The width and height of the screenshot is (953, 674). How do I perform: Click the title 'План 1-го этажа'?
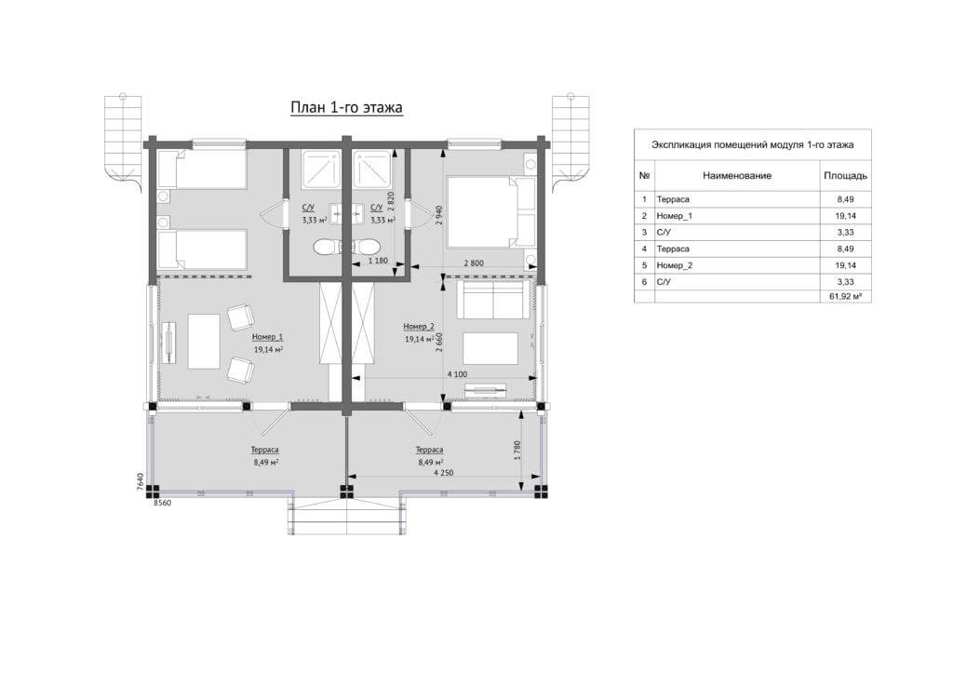346,108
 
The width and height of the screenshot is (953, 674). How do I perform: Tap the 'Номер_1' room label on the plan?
267,337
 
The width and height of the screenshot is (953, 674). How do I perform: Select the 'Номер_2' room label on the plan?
419,327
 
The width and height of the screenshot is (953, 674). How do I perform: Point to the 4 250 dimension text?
444,472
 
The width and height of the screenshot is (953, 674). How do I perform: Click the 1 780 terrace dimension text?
517,451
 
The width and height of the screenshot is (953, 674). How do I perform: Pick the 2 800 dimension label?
474,263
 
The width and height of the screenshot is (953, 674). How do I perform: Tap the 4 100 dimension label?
458,374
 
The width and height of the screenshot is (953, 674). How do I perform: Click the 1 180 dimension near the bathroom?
378,261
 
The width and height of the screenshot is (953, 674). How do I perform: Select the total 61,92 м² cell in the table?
845,297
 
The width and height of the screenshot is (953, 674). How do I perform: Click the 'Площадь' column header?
845,176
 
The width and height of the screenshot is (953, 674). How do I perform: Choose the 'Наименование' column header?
737,176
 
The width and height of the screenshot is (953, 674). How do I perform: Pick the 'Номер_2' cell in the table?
675,265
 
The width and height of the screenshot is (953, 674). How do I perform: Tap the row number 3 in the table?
644,232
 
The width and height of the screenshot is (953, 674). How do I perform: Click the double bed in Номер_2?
491,212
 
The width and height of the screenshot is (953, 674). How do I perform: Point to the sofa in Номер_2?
491,300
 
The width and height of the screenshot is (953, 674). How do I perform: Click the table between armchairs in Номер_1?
204,341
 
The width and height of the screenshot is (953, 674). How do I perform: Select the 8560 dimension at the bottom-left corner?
162,503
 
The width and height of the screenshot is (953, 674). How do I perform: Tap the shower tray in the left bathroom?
320,168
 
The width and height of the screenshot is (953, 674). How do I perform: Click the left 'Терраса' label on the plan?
265,450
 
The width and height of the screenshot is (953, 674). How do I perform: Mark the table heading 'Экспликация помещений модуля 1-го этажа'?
752,144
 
